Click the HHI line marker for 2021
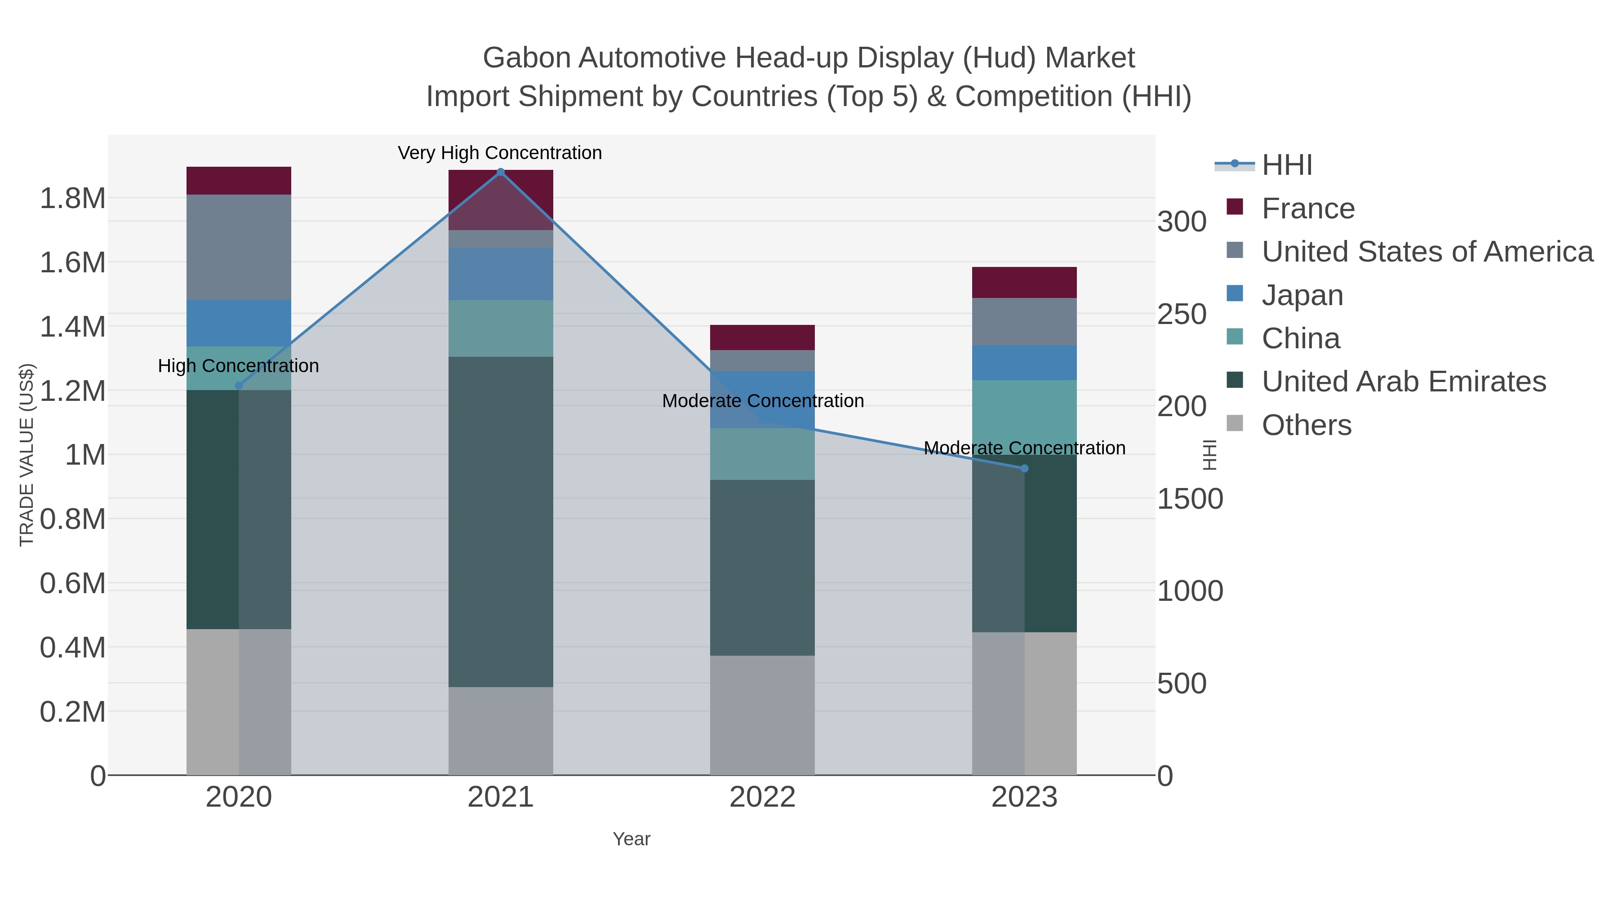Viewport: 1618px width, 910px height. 501,172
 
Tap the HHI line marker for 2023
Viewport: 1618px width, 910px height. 1024,469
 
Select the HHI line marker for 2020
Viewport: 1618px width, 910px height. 239,386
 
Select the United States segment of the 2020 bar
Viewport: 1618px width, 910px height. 239,247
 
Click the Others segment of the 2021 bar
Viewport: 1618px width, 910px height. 501,730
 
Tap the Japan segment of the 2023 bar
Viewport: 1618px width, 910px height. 1024,362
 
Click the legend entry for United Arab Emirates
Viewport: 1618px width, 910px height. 1403,382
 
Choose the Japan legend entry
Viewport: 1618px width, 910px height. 1302,295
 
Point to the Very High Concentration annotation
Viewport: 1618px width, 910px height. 500,153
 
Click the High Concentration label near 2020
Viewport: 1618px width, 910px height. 238,366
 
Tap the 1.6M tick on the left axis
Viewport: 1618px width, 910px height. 72,262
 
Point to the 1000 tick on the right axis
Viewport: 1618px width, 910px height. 1190,591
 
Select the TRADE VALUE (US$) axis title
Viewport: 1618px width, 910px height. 27,455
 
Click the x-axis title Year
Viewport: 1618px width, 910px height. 631,839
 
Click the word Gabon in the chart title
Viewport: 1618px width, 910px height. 526,58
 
